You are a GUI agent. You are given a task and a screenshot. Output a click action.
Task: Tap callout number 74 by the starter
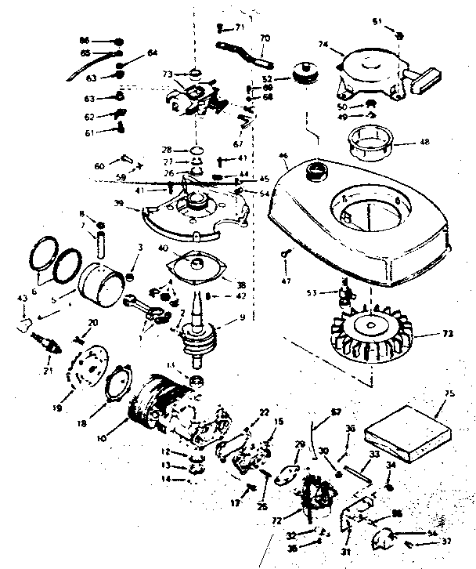[x=322, y=45]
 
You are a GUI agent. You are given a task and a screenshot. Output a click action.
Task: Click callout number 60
[x=99, y=166]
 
